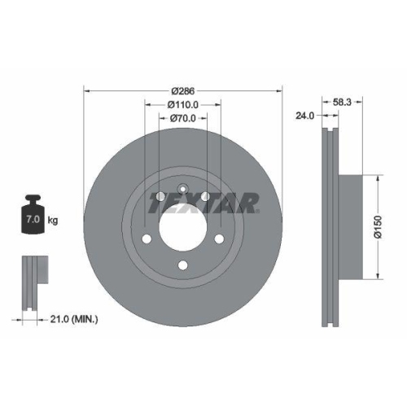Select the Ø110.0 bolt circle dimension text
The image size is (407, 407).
[x=183, y=104]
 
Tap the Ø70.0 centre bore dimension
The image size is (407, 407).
[x=183, y=119]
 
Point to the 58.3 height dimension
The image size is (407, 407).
[x=343, y=103]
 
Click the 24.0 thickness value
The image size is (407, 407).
[x=305, y=116]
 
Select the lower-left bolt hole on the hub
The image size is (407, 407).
[x=147, y=239]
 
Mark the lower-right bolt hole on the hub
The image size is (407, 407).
[x=221, y=239]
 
